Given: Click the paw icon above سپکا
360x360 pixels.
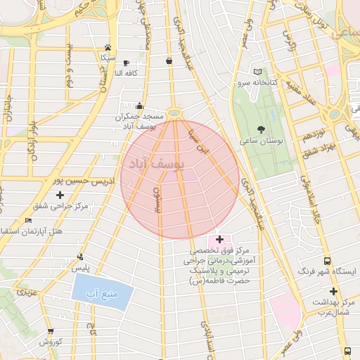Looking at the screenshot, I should click(108, 47).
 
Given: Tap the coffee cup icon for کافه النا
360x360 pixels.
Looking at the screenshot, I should click(125, 63).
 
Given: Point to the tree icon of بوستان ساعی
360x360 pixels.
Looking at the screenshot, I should click(262, 129).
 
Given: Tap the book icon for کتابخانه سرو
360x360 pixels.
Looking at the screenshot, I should click(257, 72).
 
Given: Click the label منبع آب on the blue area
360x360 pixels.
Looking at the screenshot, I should click(101, 292).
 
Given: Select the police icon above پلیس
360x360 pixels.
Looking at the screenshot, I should click(82, 257).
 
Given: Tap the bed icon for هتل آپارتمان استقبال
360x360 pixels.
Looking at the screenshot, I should click(27, 221).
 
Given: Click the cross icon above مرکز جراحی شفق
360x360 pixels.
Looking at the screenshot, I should click(60, 195).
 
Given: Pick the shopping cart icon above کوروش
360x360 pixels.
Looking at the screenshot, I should click(50, 331).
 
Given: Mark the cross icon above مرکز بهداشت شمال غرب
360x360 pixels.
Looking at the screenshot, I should click(333, 291).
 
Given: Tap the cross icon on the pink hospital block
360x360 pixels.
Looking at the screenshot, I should click(220, 240).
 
